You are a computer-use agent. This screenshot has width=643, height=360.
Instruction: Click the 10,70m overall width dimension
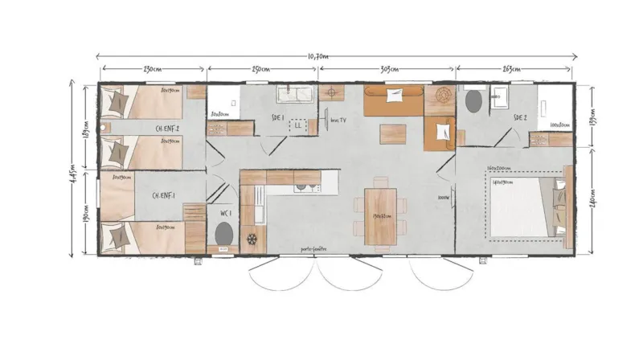[x=320, y=56]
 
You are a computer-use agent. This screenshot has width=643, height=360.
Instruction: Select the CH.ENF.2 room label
[x=166, y=129]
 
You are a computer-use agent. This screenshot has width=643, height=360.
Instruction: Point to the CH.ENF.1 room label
[x=164, y=195]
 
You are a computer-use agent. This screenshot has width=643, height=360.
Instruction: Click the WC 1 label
[x=226, y=214]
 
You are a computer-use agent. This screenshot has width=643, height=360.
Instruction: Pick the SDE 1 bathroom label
[x=280, y=117]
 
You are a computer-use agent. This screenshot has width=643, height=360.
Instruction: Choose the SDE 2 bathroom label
[x=520, y=117]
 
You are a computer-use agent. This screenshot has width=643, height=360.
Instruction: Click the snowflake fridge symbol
[x=252, y=239]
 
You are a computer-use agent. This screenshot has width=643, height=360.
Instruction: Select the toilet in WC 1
[x=225, y=235]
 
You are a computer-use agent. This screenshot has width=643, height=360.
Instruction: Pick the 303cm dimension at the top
[x=389, y=71]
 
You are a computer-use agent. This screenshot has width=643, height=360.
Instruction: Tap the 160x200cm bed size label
[x=500, y=168]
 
